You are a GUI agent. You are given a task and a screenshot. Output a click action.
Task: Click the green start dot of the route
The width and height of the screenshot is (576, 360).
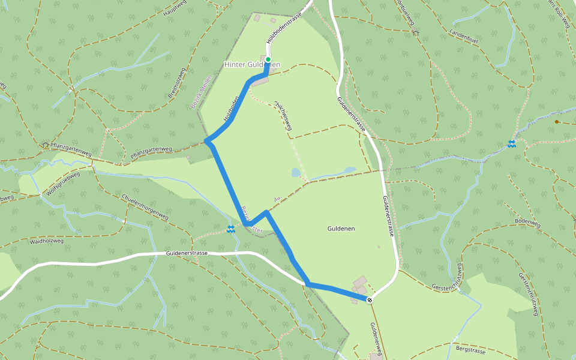(268, 59)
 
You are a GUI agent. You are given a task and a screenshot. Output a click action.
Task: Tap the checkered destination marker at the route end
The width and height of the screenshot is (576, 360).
(370, 299)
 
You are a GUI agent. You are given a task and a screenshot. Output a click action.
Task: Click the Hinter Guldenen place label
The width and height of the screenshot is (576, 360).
(252, 64)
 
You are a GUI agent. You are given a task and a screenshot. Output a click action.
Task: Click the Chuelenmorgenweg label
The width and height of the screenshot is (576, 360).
(145, 207)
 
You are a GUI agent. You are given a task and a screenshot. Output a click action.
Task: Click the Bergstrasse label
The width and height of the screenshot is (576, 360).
(470, 347)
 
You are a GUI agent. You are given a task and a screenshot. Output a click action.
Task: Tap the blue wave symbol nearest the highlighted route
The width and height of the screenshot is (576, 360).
(231, 229)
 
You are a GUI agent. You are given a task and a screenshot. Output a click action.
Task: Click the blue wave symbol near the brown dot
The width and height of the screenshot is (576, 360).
(512, 143)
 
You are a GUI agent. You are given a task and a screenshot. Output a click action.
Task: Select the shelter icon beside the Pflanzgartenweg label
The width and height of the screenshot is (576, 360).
(45, 145)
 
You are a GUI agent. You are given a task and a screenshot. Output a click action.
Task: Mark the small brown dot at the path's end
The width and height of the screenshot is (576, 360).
(557, 122)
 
